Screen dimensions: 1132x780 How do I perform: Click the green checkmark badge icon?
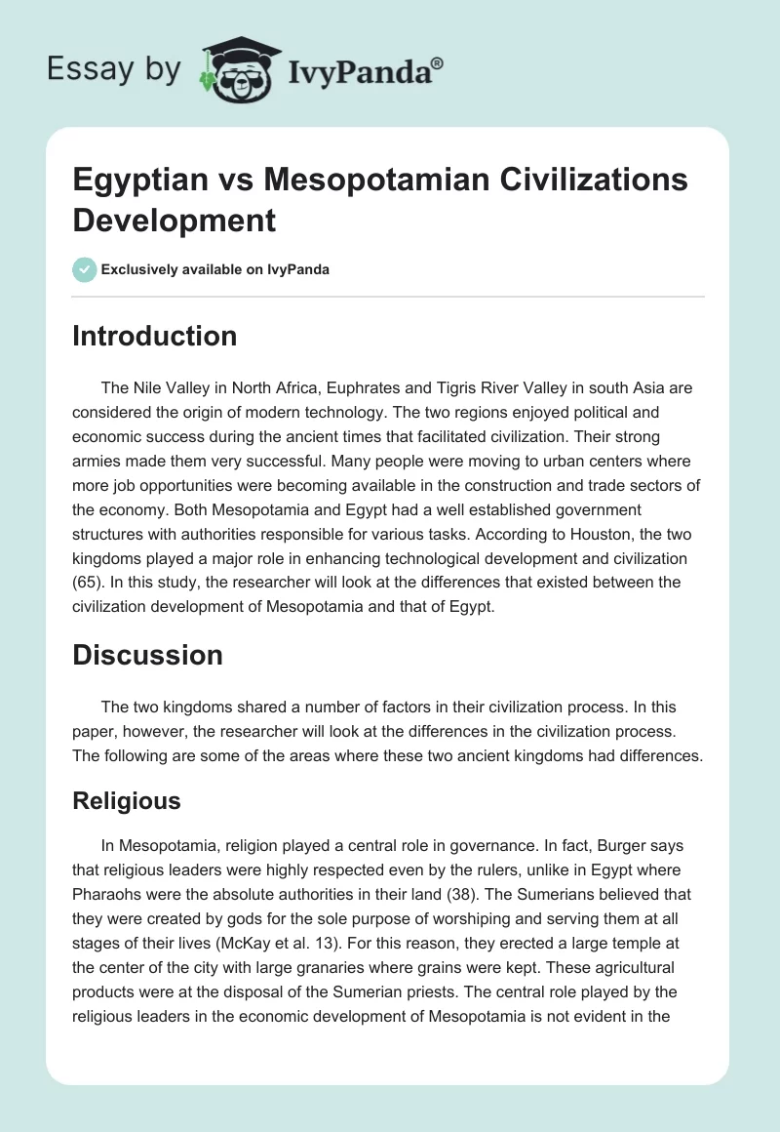pyautogui.click(x=85, y=269)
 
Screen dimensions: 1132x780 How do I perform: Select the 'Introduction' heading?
pyautogui.click(x=155, y=336)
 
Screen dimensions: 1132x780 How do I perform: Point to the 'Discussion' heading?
pyautogui.click(x=147, y=655)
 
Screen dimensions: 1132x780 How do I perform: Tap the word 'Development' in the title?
pyautogui.click(x=175, y=220)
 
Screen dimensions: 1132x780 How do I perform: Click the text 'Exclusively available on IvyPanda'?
pyautogui.click(x=216, y=269)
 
